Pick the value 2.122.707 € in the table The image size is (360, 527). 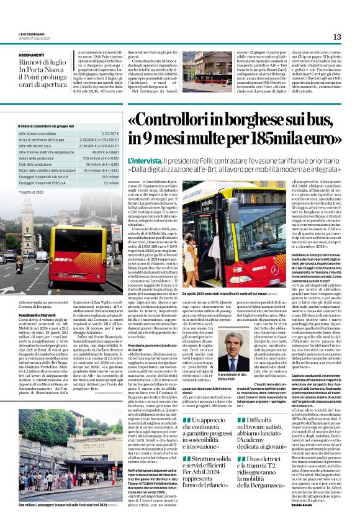point(107,133)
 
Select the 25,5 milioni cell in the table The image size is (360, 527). point(109,176)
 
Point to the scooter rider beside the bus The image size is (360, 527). point(18,267)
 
